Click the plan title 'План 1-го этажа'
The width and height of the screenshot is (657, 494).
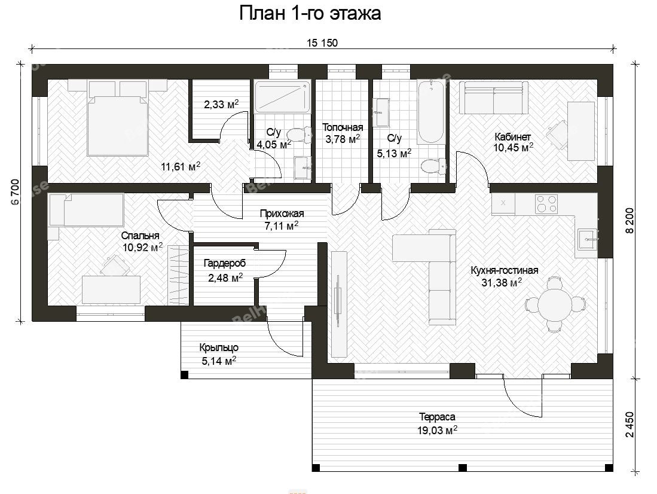pos(310,13)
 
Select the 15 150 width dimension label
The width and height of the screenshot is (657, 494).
pos(322,43)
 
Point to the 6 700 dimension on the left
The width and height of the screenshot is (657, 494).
pos(15,191)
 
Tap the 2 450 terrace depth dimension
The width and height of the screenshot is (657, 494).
pos(630,425)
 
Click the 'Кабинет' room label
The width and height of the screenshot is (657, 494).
pos(512,137)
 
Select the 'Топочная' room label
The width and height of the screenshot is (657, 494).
pos(343,127)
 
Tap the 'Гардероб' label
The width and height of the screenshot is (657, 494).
pos(225,264)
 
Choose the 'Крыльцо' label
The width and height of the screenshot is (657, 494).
pos(219,347)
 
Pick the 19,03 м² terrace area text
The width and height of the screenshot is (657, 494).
pos(437,430)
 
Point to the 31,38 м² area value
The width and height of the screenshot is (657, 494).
pos(502,283)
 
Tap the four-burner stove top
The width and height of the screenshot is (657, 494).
pos(546,204)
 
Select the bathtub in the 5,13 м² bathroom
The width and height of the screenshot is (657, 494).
pos(430,112)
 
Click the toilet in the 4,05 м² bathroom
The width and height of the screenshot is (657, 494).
pos(298,135)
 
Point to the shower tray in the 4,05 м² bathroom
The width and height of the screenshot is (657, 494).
pos(283,97)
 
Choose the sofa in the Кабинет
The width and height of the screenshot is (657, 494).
pos(494,97)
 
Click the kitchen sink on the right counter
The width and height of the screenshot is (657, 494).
pos(588,239)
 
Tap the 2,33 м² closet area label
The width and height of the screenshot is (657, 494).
pos(221,104)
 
